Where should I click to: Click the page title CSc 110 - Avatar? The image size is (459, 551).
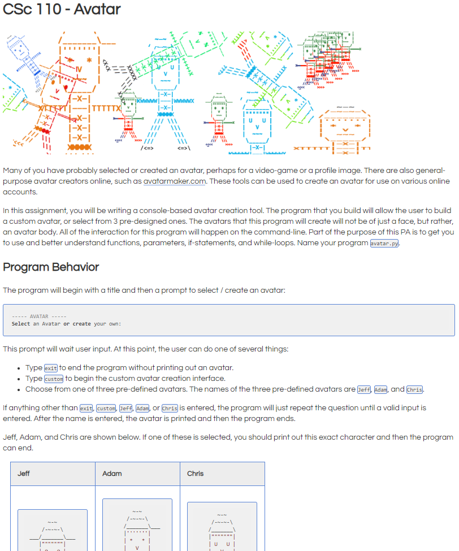(x=62, y=10)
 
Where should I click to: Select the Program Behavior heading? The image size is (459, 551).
(x=51, y=267)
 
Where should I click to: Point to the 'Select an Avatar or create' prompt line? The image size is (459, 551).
(x=66, y=324)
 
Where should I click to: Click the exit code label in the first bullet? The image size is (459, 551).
(x=51, y=368)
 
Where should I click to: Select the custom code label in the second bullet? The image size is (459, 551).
(x=54, y=379)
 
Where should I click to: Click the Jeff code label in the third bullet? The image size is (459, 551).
(x=364, y=389)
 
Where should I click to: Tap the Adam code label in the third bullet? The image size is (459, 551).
(x=381, y=389)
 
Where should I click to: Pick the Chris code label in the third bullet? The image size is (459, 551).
(x=415, y=389)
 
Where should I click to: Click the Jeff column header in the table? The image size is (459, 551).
(x=24, y=474)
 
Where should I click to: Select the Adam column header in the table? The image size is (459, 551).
(x=112, y=474)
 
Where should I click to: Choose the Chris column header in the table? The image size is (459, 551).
(x=196, y=474)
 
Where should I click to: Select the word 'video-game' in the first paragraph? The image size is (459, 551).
(x=288, y=171)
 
